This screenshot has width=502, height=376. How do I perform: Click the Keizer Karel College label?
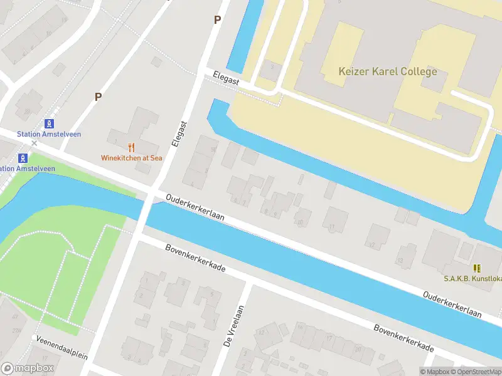click(387, 71)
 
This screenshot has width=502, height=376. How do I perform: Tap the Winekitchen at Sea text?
click(132, 158)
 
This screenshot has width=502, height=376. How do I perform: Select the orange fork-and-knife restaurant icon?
click(132, 148)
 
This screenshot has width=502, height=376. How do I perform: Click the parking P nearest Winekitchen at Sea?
click(98, 97)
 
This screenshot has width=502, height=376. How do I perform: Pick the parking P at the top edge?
click(217, 19)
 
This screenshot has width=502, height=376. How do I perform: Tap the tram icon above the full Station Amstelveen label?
click(49, 124)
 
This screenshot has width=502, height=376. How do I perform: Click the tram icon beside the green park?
click(23, 158)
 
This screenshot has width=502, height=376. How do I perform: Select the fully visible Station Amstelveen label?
click(49, 134)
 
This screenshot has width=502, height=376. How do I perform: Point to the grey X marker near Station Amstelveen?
click(35, 144)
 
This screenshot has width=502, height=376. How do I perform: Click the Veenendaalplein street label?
click(61, 348)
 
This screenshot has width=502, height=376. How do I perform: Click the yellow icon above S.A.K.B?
click(478, 268)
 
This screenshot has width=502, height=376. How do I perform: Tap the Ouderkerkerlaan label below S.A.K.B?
click(452, 304)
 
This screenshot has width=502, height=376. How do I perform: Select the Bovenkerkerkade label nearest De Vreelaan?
click(195, 258)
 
